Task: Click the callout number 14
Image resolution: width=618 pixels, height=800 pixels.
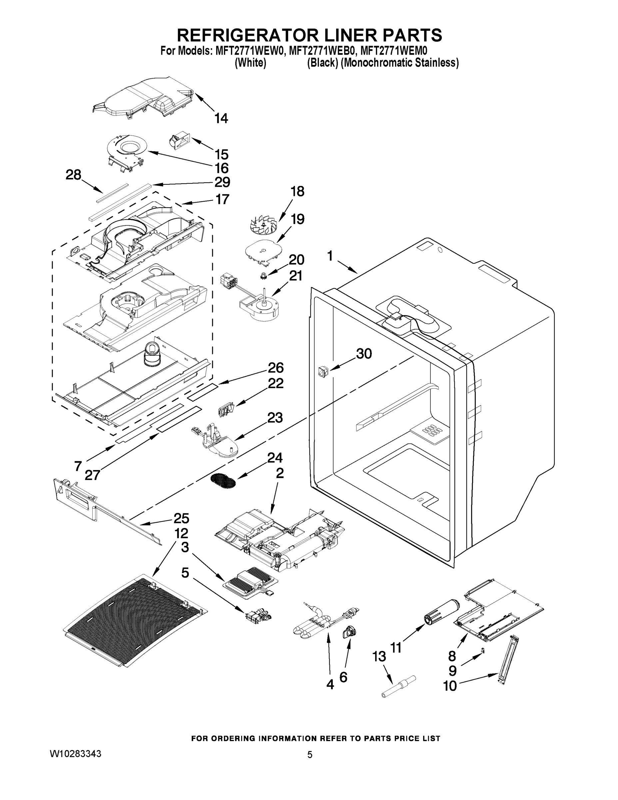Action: point(221,118)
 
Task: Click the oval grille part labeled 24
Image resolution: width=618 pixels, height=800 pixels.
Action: point(224,480)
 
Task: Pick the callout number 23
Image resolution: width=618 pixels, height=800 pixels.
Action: point(275,418)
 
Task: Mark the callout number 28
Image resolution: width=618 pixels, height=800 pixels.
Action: point(73,175)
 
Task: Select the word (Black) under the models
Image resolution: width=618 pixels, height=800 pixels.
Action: point(322,63)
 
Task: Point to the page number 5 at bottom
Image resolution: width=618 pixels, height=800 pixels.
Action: point(310,755)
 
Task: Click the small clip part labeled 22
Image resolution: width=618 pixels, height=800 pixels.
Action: point(225,410)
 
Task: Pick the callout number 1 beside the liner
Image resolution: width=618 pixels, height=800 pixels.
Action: point(330,256)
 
